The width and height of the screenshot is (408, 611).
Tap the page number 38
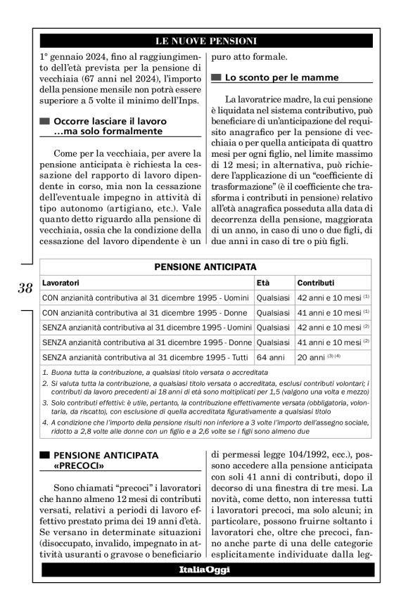[25, 288]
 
